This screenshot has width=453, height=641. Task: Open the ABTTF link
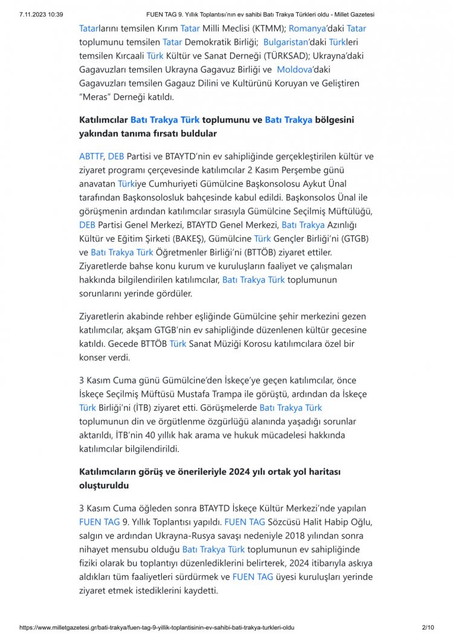[x=91, y=156]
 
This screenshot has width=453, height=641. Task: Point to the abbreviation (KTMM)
[x=267, y=28]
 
